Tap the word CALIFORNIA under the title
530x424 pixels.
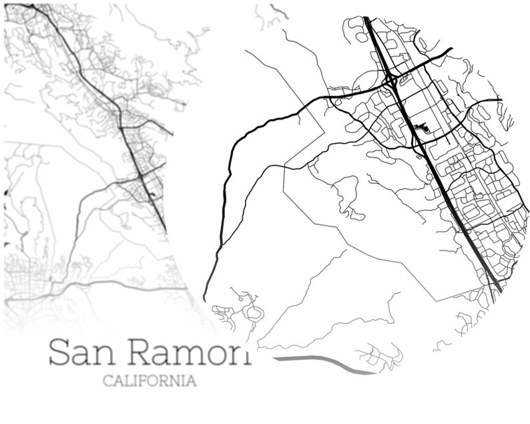tap(150, 381)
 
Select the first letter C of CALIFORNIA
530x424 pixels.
tap(107, 381)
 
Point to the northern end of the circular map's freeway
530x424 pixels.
tap(367, 20)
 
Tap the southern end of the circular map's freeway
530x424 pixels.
tap(497, 288)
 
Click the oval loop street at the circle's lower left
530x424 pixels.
tap(254, 312)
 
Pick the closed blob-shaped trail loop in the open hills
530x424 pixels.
tap(346, 197)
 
